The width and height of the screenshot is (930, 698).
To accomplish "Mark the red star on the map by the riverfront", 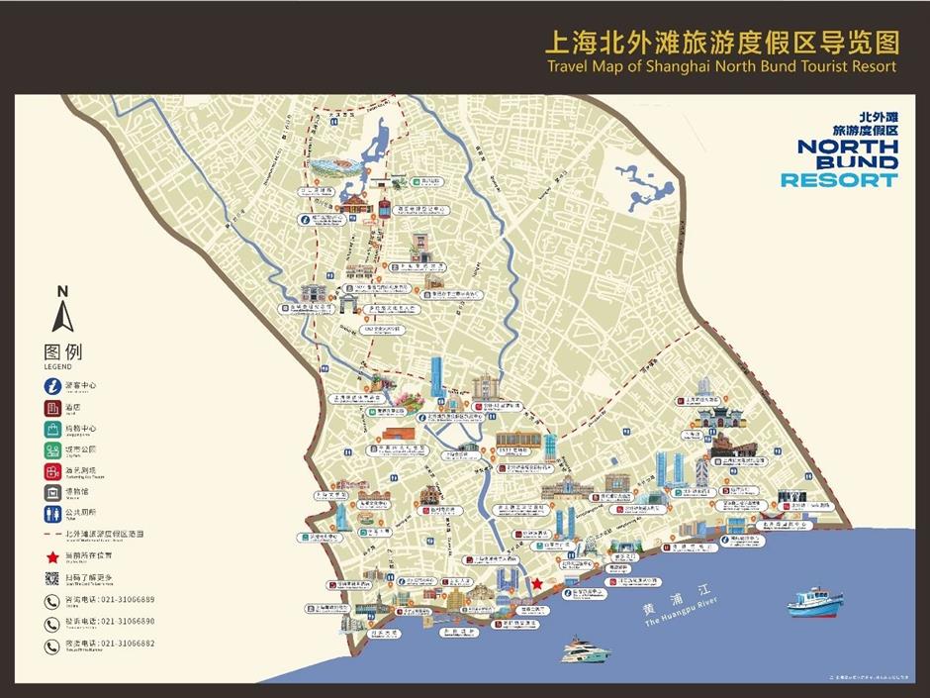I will coord(536,584).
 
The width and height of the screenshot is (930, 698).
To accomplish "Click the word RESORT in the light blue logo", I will coord(839,180).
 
